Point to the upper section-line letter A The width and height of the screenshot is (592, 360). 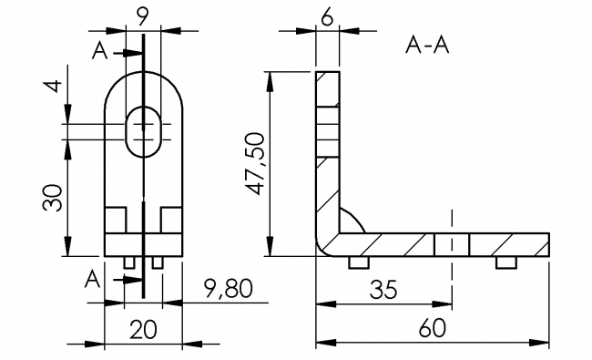[102, 52]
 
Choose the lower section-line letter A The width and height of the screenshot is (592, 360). [96, 277]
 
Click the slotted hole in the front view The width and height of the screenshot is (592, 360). [144, 132]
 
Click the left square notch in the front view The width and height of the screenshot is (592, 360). [116, 220]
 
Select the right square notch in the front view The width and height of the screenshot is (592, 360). [172, 220]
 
